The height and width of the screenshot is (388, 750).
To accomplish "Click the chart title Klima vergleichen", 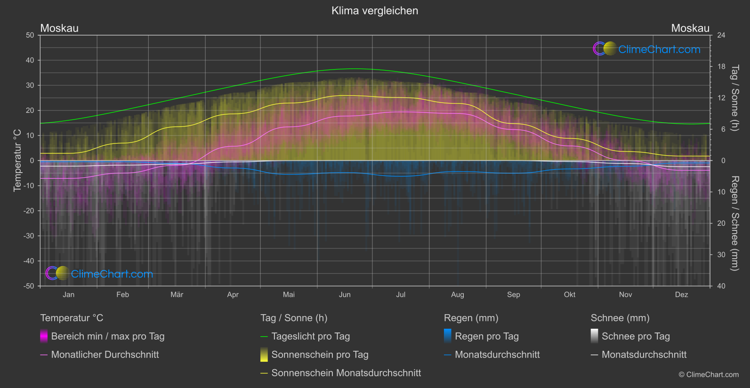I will click(375, 11).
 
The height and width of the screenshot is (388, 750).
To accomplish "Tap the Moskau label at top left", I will click(59, 28).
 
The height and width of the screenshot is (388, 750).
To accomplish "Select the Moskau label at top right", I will click(690, 28).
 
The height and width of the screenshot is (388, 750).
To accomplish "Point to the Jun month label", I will click(345, 295).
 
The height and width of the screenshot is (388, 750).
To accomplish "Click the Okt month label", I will click(570, 295).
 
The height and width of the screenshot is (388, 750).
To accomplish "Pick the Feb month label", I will click(122, 295).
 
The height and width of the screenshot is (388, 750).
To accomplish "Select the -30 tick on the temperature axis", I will click(29, 236).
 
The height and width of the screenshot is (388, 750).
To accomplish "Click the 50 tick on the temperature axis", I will click(30, 35).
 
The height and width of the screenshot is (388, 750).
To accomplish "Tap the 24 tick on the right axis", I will click(721, 35).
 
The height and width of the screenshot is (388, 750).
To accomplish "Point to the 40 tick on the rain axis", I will click(721, 286).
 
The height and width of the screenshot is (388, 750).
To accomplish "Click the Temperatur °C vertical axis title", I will click(17, 160).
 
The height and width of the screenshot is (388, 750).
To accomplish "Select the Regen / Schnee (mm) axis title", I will click(734, 223).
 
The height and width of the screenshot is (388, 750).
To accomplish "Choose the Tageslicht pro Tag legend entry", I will click(310, 336).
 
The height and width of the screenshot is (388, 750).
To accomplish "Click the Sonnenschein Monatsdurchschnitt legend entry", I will click(346, 373).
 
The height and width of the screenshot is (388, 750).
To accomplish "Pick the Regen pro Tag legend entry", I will click(486, 336).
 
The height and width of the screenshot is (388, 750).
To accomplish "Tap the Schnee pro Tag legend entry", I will click(635, 336).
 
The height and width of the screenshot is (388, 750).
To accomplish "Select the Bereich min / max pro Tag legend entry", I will click(107, 336).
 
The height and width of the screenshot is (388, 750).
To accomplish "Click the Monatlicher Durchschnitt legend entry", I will click(105, 355).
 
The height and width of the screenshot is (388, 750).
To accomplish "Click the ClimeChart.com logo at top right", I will click(647, 49).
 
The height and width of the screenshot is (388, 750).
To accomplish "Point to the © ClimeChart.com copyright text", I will click(709, 375).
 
